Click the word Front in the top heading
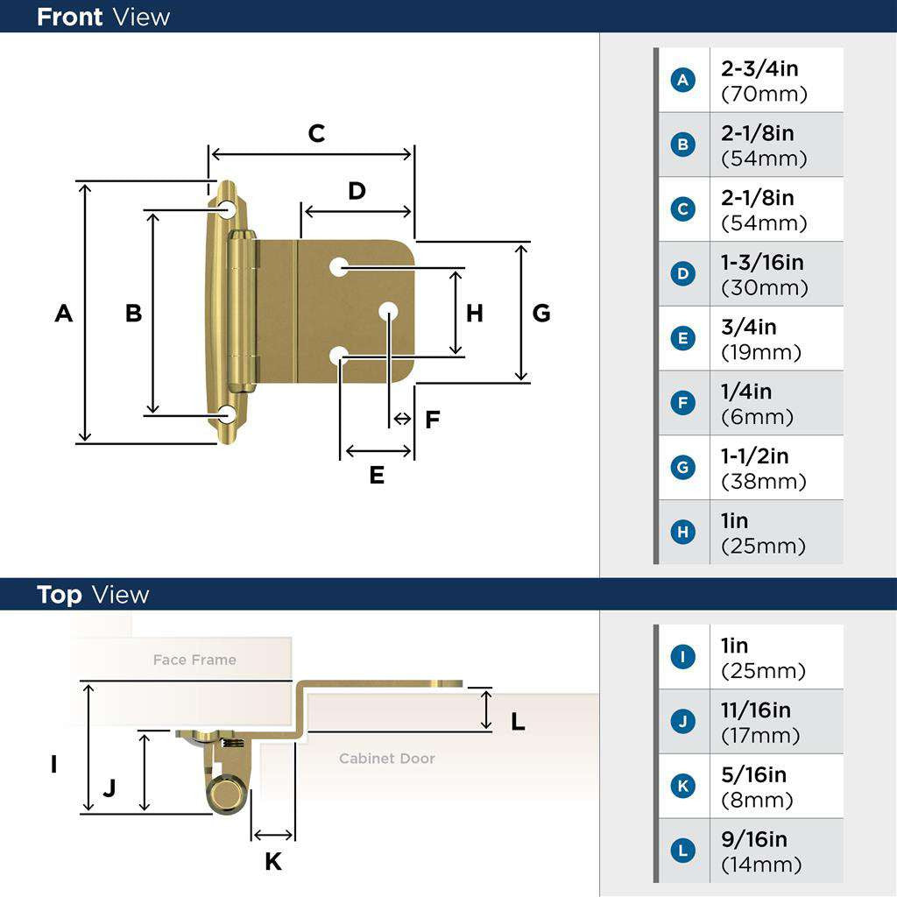click(x=69, y=17)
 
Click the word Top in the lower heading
click(x=60, y=595)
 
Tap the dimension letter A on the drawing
click(x=63, y=313)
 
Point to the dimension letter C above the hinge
click(x=316, y=133)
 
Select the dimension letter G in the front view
click(x=541, y=313)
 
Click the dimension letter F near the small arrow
click(x=432, y=420)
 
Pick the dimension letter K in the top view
click(x=273, y=862)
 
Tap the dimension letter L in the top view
click(x=518, y=722)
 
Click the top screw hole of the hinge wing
click(x=227, y=209)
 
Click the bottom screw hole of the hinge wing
click(x=227, y=415)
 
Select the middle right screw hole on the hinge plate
click(x=388, y=311)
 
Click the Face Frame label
click(x=194, y=660)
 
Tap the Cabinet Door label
click(x=387, y=758)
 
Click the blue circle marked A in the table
click(x=682, y=80)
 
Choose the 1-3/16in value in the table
click(x=762, y=262)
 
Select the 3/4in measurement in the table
click(x=749, y=327)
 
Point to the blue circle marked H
click(x=682, y=532)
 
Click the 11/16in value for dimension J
click(x=755, y=710)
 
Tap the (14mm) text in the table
click(x=760, y=865)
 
